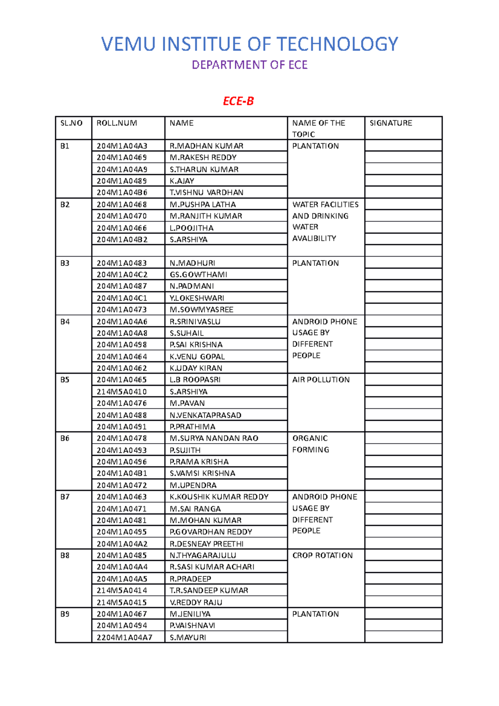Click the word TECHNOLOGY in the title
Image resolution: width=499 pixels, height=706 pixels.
tap(337, 44)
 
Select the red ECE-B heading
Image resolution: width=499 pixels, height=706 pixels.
tap(238, 101)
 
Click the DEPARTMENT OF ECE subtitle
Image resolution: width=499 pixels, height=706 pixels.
tap(249, 65)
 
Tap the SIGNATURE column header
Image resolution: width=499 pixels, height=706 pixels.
tap(391, 123)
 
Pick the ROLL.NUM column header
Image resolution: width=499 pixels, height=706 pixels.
tap(117, 123)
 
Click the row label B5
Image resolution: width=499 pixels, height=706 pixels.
tap(65, 380)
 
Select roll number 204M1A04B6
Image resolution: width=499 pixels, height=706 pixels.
tap(122, 193)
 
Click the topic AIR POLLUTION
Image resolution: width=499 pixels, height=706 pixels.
tap(321, 380)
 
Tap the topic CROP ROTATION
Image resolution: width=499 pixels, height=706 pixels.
tap(322, 555)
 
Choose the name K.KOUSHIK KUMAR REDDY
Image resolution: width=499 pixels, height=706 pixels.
tap(219, 497)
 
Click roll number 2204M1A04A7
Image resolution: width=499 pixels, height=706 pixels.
tap(124, 637)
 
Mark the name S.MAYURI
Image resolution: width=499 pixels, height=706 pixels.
tap(188, 637)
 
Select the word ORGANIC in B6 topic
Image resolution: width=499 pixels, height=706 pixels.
tap(310, 438)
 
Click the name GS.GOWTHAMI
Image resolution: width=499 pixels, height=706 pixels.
tap(198, 274)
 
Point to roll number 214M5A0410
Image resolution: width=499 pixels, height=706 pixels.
tap(122, 392)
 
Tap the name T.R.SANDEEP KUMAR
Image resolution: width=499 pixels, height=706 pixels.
tap(209, 590)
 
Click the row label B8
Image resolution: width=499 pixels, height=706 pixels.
tap(65, 555)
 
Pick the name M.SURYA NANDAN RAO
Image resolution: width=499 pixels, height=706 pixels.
tap(214, 438)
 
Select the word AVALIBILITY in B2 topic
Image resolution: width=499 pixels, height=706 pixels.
tap(314, 238)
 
